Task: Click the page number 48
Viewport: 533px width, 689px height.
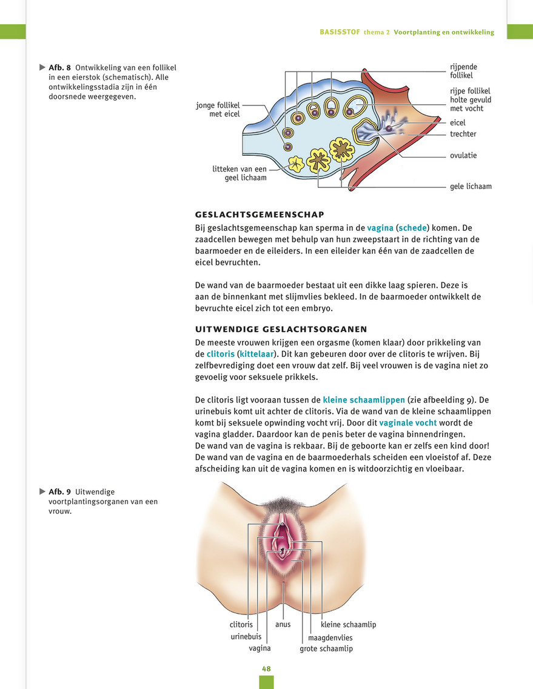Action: point(266,669)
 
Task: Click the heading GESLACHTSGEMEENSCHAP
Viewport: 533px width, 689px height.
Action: point(260,215)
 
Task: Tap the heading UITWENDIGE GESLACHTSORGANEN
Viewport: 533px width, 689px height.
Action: point(281,329)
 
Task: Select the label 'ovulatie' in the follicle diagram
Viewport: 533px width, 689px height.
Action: point(463,156)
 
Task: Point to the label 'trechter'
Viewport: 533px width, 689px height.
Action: point(463,134)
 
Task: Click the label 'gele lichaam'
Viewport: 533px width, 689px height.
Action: point(471,187)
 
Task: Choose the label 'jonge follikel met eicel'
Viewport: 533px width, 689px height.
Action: point(218,110)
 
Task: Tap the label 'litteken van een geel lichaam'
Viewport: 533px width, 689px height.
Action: point(240,173)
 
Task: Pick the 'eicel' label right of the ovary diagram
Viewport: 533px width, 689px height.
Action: point(457,122)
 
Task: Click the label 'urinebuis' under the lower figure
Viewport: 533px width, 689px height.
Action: point(246,636)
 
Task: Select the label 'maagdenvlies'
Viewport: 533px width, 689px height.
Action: point(330,637)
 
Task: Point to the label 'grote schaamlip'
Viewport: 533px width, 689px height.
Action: point(326,648)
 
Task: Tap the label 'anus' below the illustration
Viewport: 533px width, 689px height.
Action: point(283,624)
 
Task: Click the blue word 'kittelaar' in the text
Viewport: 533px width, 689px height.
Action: point(256,354)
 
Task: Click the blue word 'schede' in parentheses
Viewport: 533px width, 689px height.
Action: point(412,228)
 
